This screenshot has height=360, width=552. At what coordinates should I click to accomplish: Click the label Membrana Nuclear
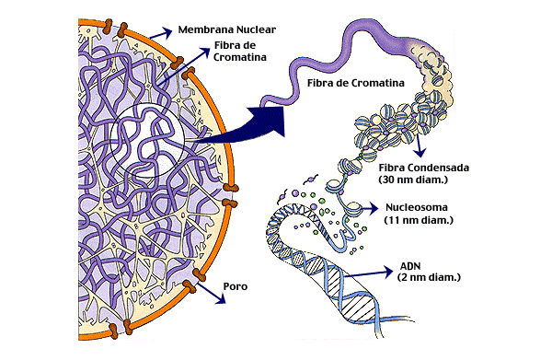pyautogui.click(x=226, y=29)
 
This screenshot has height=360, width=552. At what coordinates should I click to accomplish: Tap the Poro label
pyautogui.click(x=236, y=286)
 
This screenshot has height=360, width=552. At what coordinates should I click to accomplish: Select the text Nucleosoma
pyautogui.click(x=417, y=207)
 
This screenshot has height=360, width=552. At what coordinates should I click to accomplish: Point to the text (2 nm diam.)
pyautogui.click(x=429, y=277)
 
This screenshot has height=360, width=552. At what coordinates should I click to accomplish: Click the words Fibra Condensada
pyautogui.click(x=424, y=168)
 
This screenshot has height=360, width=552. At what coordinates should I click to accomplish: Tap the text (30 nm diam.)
pyautogui.click(x=413, y=180)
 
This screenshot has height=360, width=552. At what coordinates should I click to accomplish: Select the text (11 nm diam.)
pyautogui.click(x=419, y=220)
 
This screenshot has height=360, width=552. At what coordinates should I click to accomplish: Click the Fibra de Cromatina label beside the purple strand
pyautogui.click(x=355, y=83)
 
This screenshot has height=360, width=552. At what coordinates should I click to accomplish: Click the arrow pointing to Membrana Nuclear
pyautogui.click(x=161, y=33)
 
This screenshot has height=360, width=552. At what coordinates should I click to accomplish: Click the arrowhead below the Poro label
pyautogui.click(x=221, y=299)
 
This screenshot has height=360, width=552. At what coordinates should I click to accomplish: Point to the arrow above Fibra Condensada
pyautogui.click(x=419, y=145)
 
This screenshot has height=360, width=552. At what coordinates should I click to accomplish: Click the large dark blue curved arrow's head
pyautogui.click(x=269, y=121)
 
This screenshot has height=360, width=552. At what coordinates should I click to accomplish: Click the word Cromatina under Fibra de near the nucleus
pyautogui.click(x=240, y=57)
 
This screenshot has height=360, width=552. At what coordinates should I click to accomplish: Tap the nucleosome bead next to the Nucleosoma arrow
pyautogui.click(x=353, y=208)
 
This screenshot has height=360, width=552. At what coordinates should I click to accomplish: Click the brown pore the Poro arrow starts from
pyautogui.click(x=190, y=285)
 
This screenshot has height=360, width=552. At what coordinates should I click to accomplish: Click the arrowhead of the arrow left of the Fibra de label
pyautogui.click(x=204, y=52)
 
